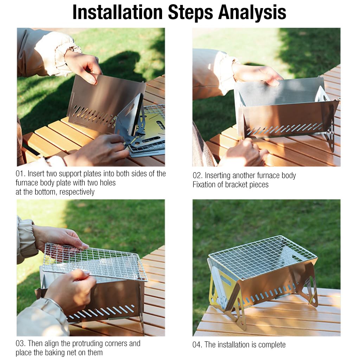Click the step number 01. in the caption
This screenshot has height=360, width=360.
[20, 174]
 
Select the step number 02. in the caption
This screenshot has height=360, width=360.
[198, 176]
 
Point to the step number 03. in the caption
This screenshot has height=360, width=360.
[20, 344]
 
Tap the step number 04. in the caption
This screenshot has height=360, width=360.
[198, 345]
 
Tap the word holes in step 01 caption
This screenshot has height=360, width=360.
[108, 183]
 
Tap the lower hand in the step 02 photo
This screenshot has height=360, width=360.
[243, 152]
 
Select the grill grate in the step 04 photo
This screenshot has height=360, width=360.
[263, 257]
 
